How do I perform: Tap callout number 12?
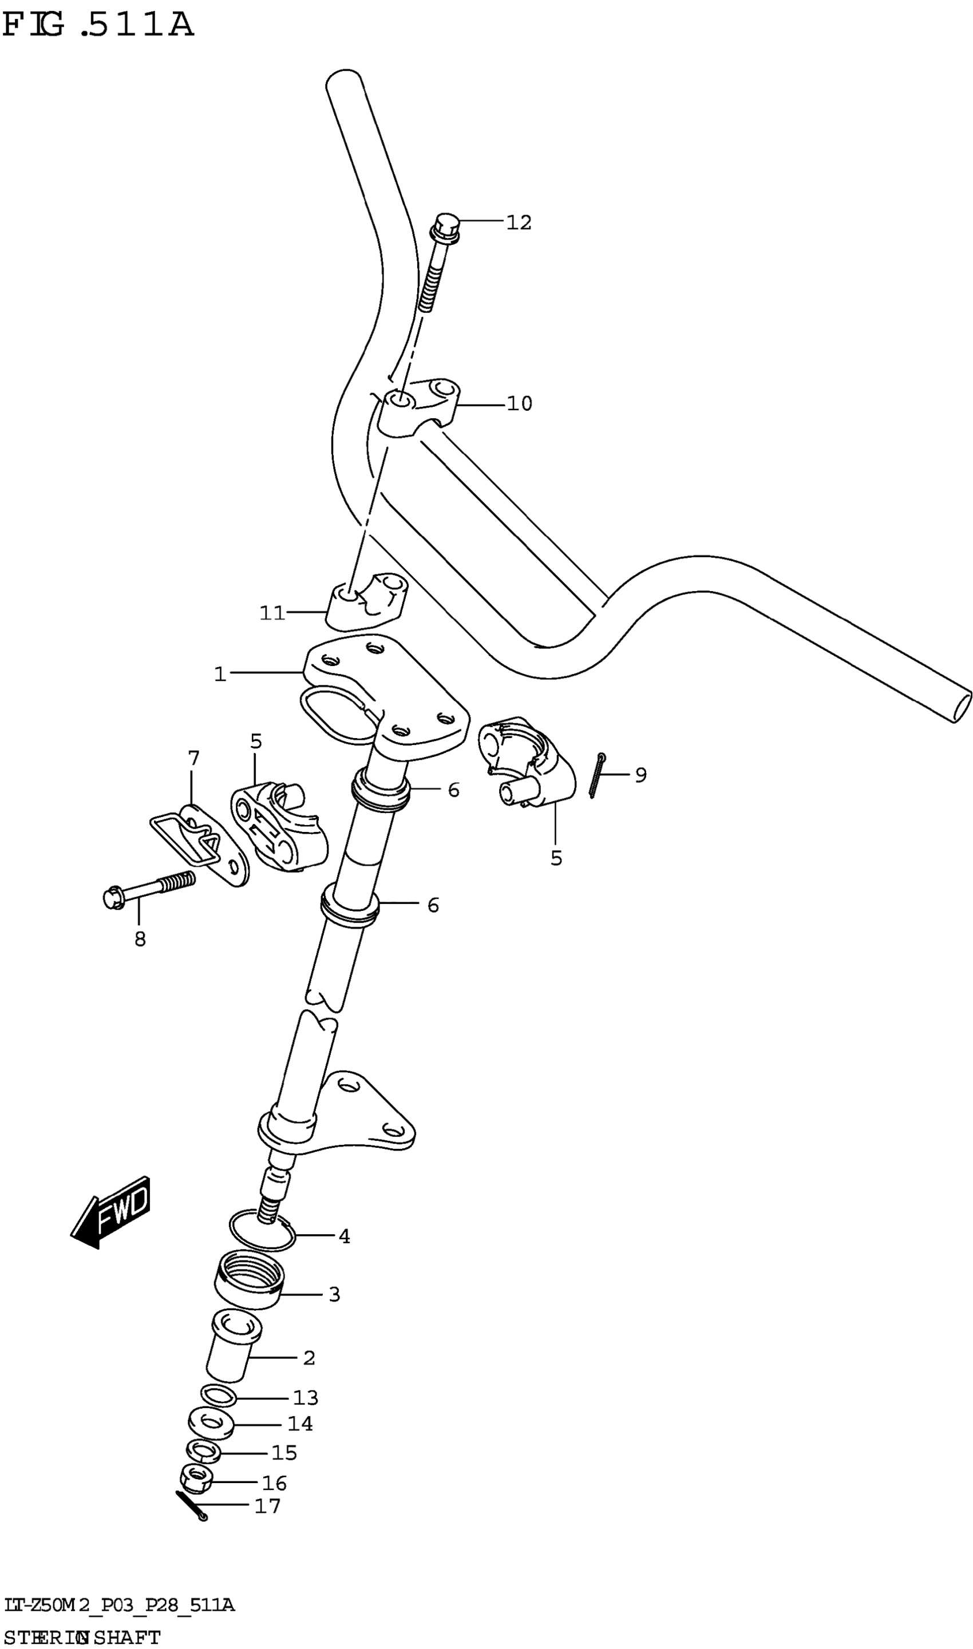coord(519,223)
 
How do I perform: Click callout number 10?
coord(519,404)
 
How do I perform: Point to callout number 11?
coord(273,613)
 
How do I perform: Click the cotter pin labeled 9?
coord(596,776)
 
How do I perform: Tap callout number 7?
coord(193,758)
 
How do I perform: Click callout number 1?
coord(220,674)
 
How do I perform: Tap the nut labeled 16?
coord(192,1479)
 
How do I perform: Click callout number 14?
coord(300,1424)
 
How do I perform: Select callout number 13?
coord(306,1398)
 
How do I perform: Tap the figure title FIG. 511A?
coord(98,25)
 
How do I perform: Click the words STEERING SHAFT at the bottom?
coord(81,1637)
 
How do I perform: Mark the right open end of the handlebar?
coord(961,707)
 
